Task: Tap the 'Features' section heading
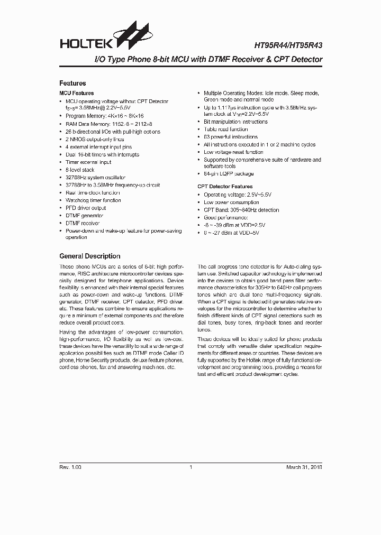coord(72,83)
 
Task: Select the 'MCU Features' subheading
coord(76,93)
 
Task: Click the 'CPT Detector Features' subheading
coord(225,187)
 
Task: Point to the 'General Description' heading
coord(89,256)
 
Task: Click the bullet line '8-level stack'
coord(80,170)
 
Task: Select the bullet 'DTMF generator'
coord(85,216)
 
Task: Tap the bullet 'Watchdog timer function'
coord(93,200)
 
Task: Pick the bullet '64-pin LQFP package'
coord(229,174)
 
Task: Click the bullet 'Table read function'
coord(225,129)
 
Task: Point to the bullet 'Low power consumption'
coord(230,202)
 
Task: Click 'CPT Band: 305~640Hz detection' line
coord(241,210)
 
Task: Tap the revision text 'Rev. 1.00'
coord(70,467)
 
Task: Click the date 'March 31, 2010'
coord(304,467)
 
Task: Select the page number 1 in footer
coord(190,467)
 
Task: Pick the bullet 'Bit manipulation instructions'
coord(235,122)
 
